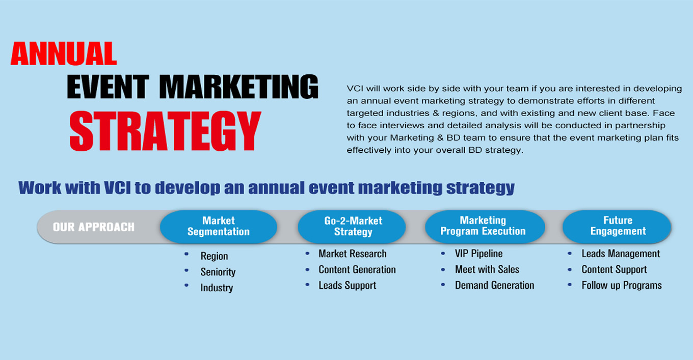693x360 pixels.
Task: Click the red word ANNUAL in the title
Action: point(64,53)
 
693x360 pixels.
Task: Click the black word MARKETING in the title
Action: point(239,87)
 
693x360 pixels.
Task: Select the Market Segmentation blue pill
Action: point(219,227)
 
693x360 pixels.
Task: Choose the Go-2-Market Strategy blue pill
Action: point(352,227)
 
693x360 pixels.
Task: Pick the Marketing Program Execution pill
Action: point(485,227)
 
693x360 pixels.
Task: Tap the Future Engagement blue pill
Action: point(617,227)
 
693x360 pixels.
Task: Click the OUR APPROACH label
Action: point(94,227)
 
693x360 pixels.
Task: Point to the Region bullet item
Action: point(214,256)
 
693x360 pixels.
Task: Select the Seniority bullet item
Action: point(218,272)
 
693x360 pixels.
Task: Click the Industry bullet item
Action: point(217,288)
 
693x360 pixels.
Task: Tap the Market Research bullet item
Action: point(353,254)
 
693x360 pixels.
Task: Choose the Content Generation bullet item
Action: point(357,269)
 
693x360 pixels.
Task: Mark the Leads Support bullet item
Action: point(348,285)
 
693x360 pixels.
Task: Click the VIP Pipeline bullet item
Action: point(478,253)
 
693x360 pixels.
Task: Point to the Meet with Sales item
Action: point(487,269)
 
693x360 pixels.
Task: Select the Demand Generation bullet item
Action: point(494,285)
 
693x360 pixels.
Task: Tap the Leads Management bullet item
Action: point(621,253)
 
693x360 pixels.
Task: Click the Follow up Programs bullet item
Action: point(622,285)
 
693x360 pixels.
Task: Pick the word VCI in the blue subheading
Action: point(117,188)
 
